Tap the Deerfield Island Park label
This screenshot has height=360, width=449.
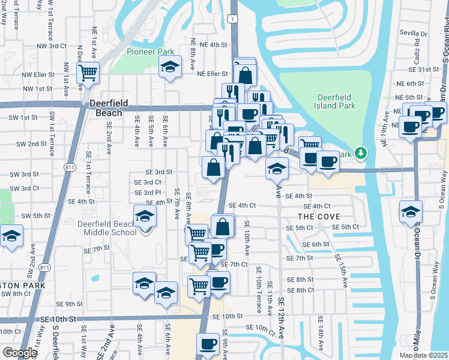[x=336, y=101]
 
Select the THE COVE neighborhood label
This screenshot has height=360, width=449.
[x=318, y=216]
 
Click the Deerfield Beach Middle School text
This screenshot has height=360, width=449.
[x=107, y=228]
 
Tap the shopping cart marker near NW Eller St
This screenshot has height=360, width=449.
[x=88, y=73]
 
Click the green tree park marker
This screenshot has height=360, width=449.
[x=360, y=154]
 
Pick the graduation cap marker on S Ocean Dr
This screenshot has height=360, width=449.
[x=411, y=212]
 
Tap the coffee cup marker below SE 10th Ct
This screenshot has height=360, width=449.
[x=208, y=344]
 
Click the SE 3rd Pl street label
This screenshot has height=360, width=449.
[x=148, y=192]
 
